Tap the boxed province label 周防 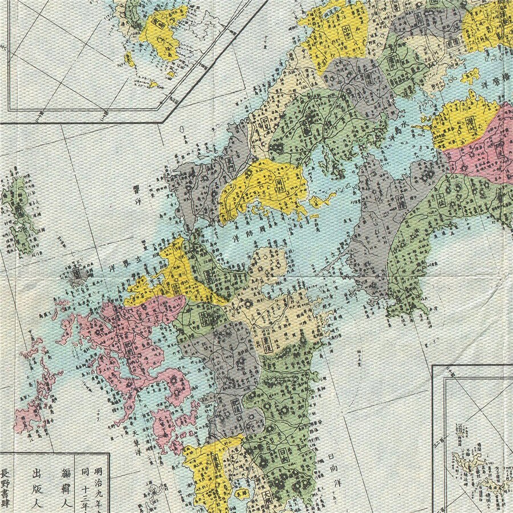(280, 185)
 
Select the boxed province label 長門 (229, 165)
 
